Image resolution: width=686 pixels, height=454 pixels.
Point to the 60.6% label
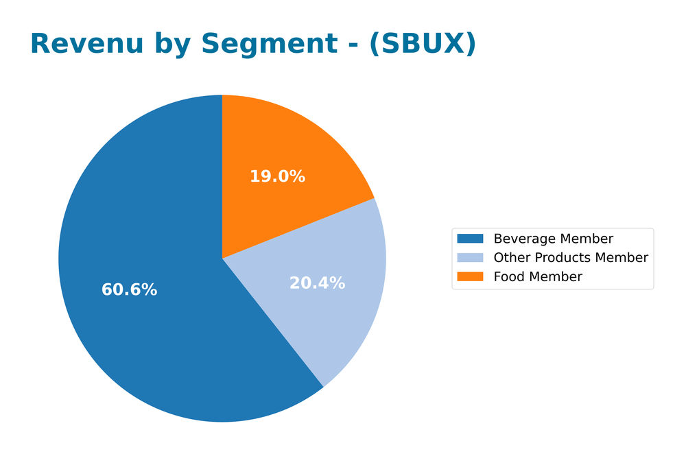pyautogui.click(x=129, y=290)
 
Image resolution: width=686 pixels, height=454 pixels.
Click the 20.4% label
pyautogui.click(x=317, y=283)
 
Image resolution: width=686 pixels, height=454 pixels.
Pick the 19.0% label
pyautogui.click(x=277, y=177)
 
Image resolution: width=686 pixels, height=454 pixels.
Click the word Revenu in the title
pyautogui.click(x=87, y=45)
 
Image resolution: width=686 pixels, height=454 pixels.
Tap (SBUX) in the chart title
pyautogui.click(x=423, y=45)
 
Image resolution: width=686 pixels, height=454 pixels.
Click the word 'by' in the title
pyautogui.click(x=171, y=45)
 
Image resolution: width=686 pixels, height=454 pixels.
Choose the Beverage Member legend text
pyautogui.click(x=554, y=239)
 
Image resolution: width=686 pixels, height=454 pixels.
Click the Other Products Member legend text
pyautogui.click(x=571, y=258)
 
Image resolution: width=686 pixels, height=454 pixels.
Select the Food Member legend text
pyautogui.click(x=538, y=277)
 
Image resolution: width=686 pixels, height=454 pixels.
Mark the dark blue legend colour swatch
pyautogui.click(x=471, y=239)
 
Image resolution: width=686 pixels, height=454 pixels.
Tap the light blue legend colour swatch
pyautogui.click(x=471, y=258)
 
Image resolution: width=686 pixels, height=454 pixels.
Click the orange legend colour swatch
pyautogui.click(x=471, y=277)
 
